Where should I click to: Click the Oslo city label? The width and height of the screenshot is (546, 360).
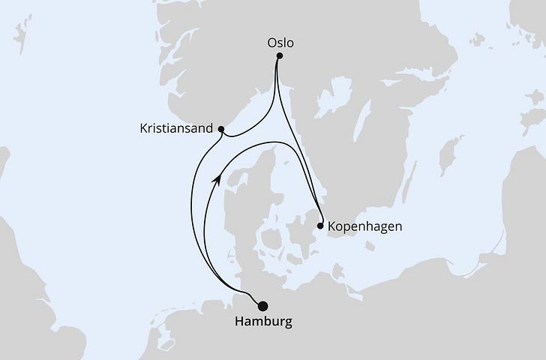280,43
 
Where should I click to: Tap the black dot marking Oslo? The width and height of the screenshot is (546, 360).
280,55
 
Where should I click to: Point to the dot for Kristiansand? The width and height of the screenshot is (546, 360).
221,129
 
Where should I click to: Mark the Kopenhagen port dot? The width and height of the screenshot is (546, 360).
321,226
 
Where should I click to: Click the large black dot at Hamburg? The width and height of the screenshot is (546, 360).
262,306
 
